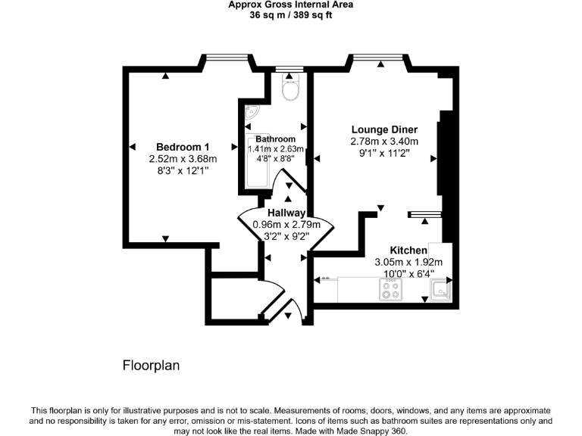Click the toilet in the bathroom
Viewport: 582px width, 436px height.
pos(289,90)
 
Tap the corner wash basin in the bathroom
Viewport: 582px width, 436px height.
pos(251,112)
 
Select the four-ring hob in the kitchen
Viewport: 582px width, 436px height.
pos(391,288)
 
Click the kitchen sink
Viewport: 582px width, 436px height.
pos(440,289)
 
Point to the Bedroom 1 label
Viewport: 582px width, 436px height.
pos(183,147)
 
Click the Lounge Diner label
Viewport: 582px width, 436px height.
pos(384,129)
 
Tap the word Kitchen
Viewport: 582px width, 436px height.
pos(408,251)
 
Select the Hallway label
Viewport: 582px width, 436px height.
pos(286,213)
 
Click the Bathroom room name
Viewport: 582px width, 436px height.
pos(275,139)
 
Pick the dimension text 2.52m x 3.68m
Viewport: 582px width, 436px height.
pos(183,159)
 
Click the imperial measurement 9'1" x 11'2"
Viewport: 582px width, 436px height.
pos(384,153)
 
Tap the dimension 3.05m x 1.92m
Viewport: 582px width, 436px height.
pos(408,263)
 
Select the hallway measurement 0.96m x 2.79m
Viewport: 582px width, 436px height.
pos(286,225)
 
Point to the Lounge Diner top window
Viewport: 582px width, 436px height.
pos(377,55)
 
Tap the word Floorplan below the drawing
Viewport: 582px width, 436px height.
pos(151,366)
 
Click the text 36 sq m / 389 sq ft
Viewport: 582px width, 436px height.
pos(290,15)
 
